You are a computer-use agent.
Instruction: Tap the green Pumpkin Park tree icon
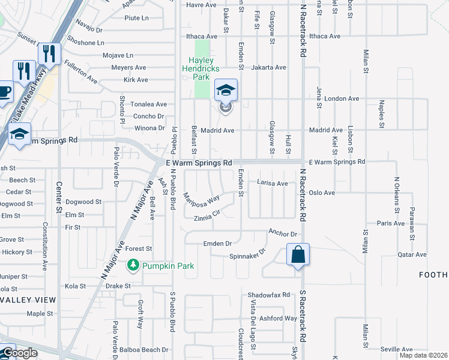pos(133,265)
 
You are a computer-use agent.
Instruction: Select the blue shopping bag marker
pos(298,255)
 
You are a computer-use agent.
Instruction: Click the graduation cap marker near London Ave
pos(225,91)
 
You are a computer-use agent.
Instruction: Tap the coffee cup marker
pos(4,92)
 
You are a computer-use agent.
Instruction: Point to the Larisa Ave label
pos(273,182)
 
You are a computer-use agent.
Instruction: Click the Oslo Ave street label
pos(322,193)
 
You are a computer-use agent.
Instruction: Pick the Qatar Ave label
pos(412,254)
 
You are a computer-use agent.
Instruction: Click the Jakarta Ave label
pos(269,67)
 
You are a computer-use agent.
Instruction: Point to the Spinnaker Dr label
pos(247,256)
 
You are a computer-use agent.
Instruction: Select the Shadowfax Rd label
pos(269,295)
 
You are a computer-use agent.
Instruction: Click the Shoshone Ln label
pos(86,43)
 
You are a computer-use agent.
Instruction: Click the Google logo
pos(20,353)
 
